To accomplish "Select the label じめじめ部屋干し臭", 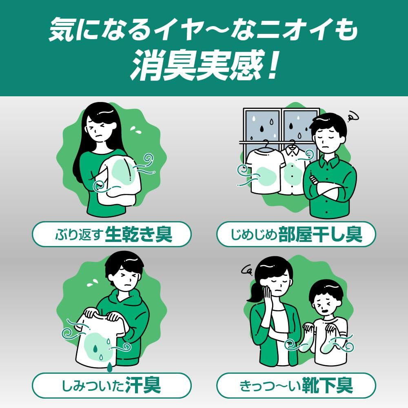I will click(296, 234).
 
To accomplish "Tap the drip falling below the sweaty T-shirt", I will click(109, 367).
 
